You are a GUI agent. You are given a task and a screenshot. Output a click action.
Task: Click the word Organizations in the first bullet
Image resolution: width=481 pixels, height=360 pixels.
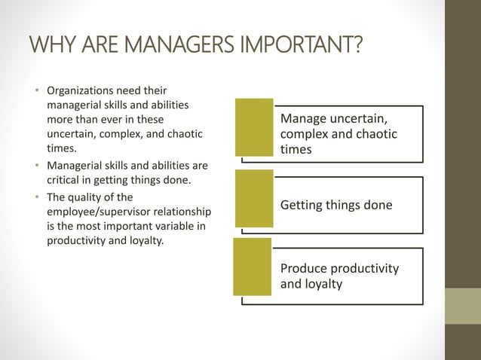84,92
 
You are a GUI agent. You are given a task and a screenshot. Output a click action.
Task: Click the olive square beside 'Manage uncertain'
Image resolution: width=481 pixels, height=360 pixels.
254,127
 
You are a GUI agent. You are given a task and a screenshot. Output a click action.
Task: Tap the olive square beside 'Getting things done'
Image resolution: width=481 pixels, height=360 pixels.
254,198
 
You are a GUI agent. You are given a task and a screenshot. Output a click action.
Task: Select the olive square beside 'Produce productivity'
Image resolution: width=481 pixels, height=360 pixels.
252,267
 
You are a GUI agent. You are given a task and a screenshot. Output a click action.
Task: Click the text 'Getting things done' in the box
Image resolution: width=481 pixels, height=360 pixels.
336,205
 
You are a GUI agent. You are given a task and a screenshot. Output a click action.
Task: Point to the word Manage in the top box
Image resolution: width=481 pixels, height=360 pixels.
302,119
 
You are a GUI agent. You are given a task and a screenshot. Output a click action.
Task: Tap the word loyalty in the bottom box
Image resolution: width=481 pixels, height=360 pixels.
324,284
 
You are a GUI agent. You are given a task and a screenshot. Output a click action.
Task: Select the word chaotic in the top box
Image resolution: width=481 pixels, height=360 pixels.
374,134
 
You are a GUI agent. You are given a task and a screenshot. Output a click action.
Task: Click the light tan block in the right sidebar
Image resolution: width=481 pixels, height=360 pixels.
462,307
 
